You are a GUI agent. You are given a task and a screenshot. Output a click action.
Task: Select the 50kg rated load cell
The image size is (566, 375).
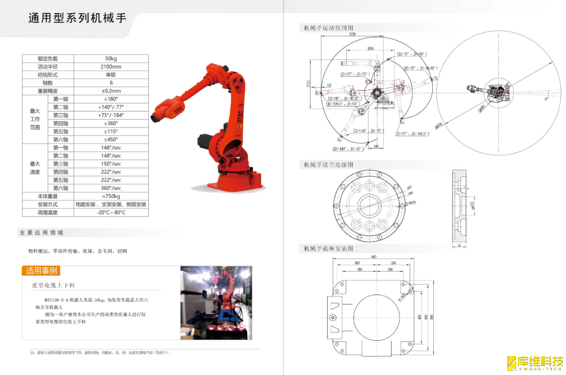click(x=111, y=58)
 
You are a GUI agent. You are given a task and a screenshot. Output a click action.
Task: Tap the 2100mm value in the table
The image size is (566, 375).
click(x=111, y=67)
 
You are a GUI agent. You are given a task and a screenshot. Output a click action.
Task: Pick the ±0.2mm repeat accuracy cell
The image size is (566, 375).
click(x=111, y=91)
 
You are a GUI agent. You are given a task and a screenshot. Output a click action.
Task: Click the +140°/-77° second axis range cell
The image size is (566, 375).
click(x=111, y=107)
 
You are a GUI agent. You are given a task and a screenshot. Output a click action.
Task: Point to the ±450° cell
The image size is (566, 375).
click(x=111, y=139)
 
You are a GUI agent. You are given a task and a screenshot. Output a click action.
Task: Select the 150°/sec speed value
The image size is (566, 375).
click(x=111, y=164)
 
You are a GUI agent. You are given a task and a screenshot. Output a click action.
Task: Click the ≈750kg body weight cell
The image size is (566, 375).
click(x=111, y=196)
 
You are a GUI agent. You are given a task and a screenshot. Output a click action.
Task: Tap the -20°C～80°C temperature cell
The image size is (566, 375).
click(x=111, y=213)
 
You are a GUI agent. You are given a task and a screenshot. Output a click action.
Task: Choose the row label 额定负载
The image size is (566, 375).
click(x=48, y=58)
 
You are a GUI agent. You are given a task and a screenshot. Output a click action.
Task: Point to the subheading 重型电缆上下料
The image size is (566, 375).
click(x=53, y=285)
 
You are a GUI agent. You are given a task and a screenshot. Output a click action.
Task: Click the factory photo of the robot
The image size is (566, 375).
click(x=216, y=302)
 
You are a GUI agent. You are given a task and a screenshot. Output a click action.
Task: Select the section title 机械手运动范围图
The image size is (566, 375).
click(x=328, y=28)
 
